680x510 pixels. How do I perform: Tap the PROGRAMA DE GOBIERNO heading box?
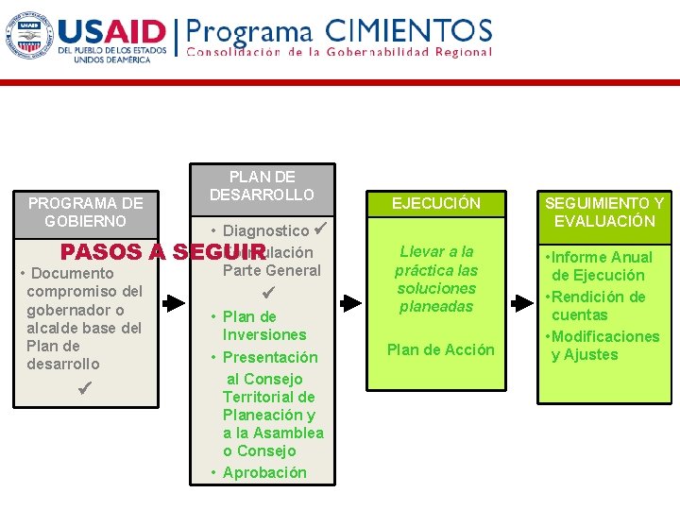click(x=86, y=212)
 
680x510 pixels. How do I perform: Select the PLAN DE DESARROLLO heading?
click(x=262, y=186)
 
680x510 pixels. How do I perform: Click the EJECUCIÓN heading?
click(x=436, y=203)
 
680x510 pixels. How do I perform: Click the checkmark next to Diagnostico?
click(x=320, y=229)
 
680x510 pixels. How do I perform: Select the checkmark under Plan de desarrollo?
click(x=86, y=388)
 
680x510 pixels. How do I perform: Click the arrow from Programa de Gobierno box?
click(x=174, y=303)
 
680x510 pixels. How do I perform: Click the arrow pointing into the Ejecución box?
click(x=350, y=303)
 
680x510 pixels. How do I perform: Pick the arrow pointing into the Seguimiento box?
click(x=518, y=303)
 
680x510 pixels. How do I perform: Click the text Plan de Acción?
click(x=440, y=349)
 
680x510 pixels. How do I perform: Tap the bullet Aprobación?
click(x=263, y=472)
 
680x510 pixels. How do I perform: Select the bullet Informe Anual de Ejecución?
click(x=601, y=266)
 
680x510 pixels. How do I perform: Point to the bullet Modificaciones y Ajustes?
click(x=603, y=346)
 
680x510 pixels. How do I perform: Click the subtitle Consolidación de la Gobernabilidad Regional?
click(x=340, y=52)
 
